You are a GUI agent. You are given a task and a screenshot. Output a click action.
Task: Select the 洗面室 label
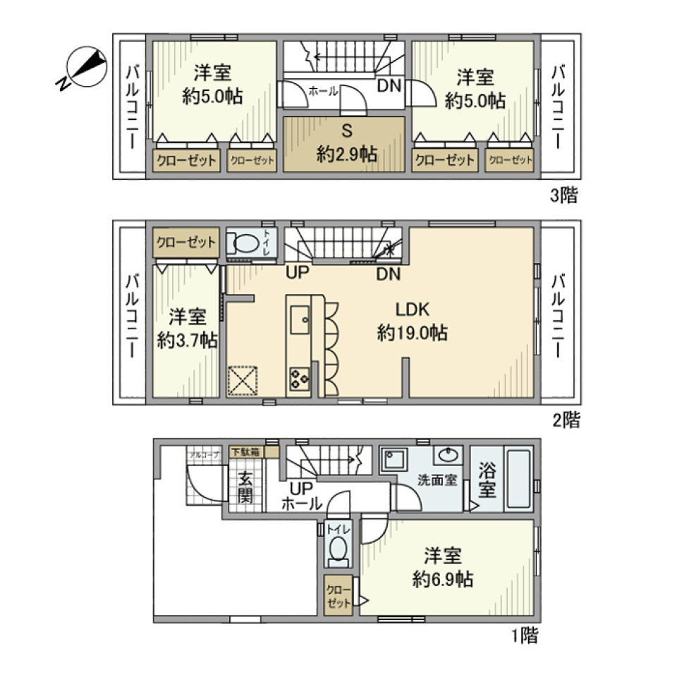pos(437,480)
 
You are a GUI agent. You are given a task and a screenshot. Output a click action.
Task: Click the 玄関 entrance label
pos(245,487)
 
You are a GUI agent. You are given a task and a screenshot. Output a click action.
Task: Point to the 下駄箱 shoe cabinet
pos(245,452)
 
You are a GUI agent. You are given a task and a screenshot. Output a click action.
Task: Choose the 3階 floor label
pos(563,196)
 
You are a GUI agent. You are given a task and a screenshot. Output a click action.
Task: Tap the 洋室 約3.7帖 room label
pos(187,329)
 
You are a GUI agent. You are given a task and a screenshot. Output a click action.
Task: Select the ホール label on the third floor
pos(324,91)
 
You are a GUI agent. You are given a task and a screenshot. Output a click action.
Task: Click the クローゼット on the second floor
pos(186,243)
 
